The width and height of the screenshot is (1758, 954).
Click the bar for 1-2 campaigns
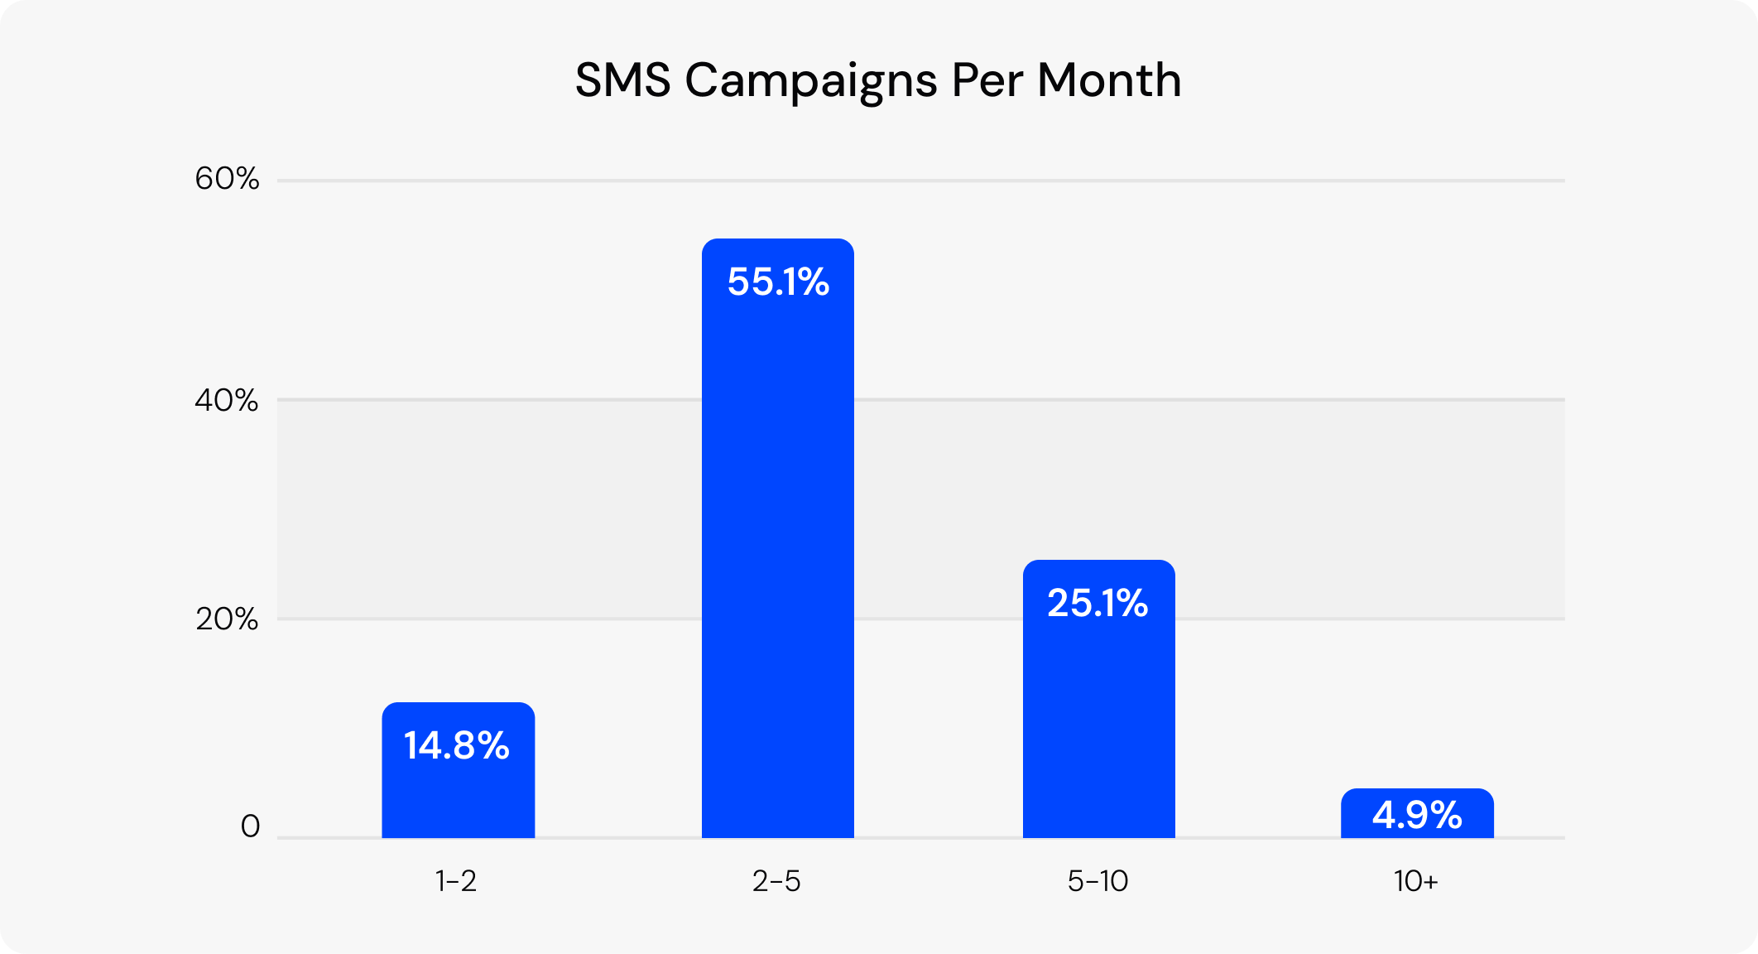(458, 795)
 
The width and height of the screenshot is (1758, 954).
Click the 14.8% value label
(456, 745)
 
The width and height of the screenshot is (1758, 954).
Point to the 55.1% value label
(778, 282)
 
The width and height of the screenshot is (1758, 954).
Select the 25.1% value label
(1098, 603)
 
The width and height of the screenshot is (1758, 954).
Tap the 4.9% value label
(1417, 815)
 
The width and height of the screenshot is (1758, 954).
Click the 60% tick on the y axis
(227, 179)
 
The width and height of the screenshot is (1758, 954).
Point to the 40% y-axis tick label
(227, 401)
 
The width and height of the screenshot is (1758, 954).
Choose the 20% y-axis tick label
(227, 619)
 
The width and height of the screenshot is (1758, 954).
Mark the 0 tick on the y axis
(250, 826)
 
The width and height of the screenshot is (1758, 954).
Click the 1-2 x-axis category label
(456, 881)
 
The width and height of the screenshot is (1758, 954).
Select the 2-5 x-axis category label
(776, 881)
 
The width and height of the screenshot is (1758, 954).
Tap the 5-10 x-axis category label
(1098, 881)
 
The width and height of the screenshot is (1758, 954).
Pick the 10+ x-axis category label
(1415, 881)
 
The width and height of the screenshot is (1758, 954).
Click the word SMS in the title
(622, 80)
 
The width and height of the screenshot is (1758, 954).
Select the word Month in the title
(1109, 80)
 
